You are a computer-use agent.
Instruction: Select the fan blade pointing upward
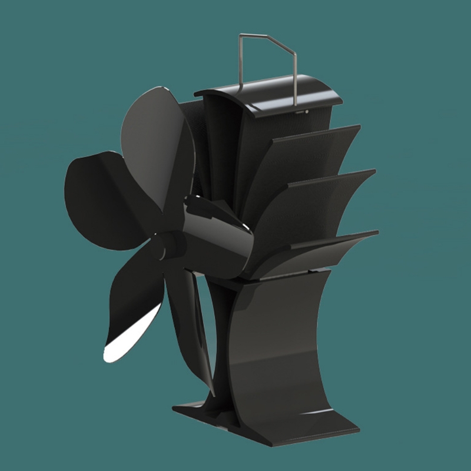pos(156,135)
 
